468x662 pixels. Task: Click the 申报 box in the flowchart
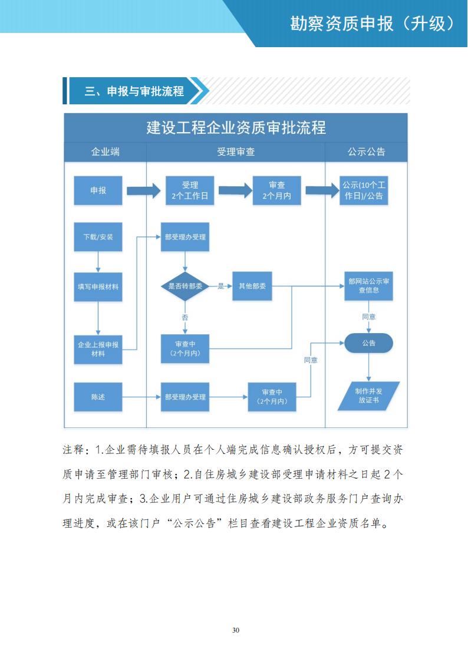pos(98,190)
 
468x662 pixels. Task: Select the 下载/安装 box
pos(98,237)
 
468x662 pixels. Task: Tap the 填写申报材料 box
pos(98,286)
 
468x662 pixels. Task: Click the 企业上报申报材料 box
pos(98,349)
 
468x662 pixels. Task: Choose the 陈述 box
pos(98,397)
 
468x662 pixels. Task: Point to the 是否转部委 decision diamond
pos(185,286)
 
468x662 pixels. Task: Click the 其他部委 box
pos(252,286)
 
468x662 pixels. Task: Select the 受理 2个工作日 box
pos(190,190)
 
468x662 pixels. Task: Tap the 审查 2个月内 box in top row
pos(276,190)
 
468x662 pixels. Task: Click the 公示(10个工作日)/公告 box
pos(364,190)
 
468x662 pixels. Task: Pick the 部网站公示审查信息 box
pos(368,286)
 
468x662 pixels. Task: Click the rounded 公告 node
pos(368,342)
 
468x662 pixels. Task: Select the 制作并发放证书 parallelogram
pos(368,396)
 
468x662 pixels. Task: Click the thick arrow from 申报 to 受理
pos(144,190)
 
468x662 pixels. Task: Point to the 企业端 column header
pos(105,152)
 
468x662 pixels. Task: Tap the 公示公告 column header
pos(366,152)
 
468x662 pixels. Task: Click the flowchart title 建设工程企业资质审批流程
pos(236,127)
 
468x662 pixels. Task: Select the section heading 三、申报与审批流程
pos(134,91)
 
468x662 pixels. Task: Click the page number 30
pos(236,630)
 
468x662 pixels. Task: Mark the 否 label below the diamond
pos(185,318)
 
